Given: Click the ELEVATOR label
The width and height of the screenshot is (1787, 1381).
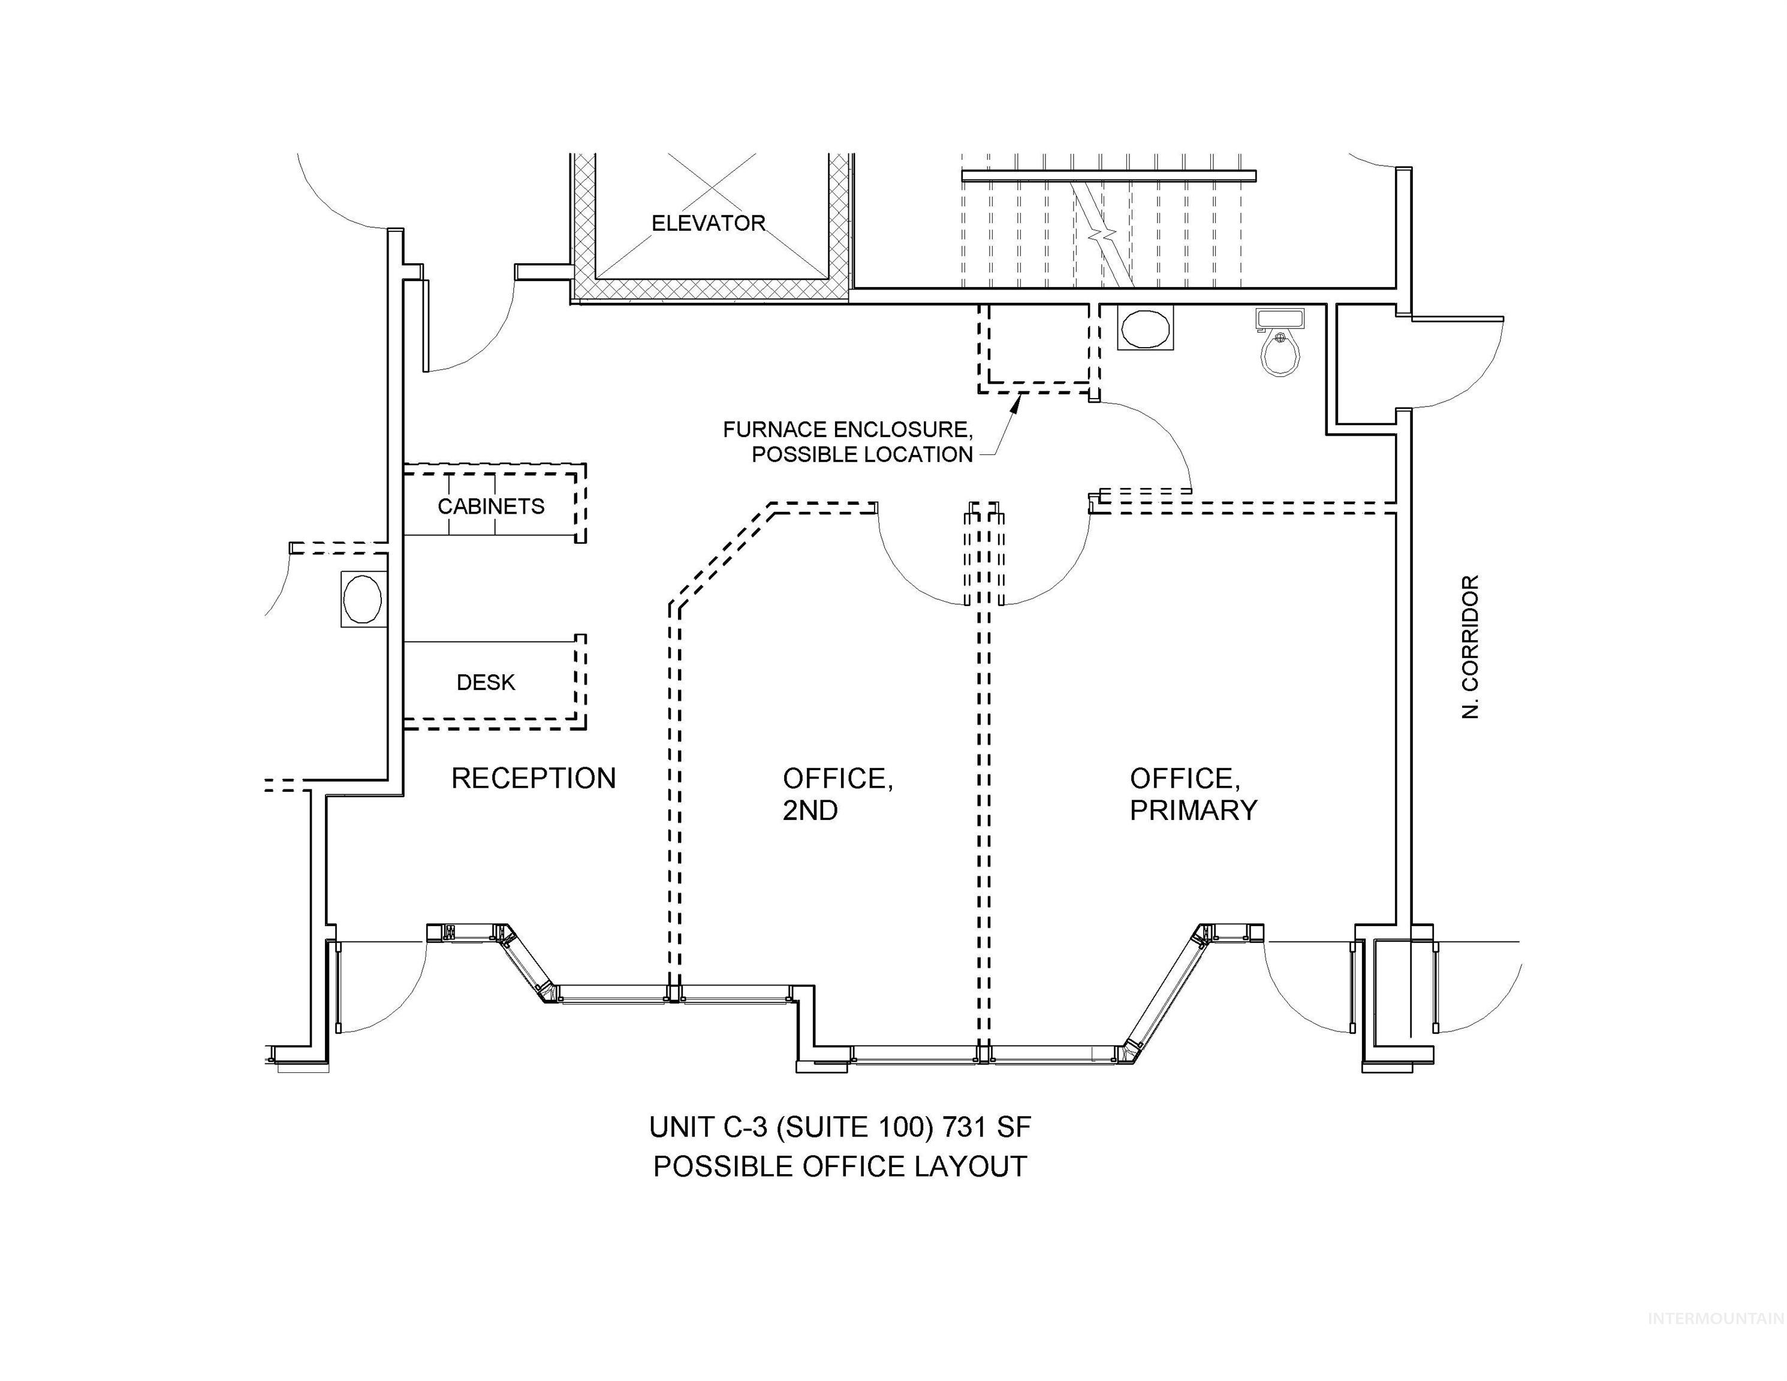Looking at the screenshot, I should point(708,224).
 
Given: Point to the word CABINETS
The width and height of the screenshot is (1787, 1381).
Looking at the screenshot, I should point(491,506).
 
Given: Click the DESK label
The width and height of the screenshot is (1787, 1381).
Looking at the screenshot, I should point(486,682).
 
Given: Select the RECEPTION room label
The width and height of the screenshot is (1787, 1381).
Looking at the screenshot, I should point(534,778).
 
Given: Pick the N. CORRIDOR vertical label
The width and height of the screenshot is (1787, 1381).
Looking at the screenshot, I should point(1470,646).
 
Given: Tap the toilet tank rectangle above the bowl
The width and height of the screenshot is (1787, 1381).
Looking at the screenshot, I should point(1280,318).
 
